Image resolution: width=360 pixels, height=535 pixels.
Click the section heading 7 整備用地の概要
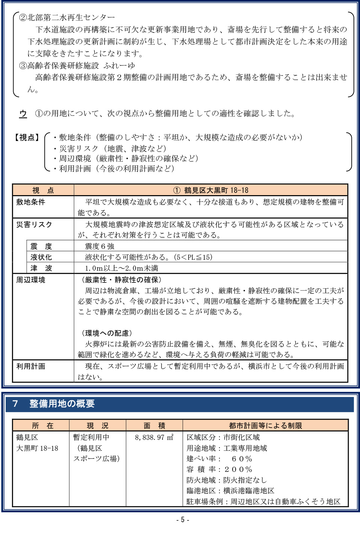click(x=53, y=404)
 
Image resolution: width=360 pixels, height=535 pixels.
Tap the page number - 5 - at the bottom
click(x=183, y=520)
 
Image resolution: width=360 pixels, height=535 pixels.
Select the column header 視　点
click(x=43, y=190)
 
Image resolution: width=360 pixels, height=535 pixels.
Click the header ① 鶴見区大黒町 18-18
click(x=211, y=190)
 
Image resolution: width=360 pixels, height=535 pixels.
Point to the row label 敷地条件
click(x=31, y=202)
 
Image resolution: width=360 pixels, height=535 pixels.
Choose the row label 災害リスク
click(x=34, y=224)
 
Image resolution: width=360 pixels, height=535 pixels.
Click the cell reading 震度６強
click(x=100, y=246)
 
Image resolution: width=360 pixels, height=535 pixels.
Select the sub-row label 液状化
click(x=41, y=257)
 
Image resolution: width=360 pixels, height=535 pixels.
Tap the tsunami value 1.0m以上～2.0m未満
click(x=121, y=268)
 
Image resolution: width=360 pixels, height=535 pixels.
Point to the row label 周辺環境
click(x=31, y=280)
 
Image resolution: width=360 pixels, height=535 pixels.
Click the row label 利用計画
click(x=31, y=366)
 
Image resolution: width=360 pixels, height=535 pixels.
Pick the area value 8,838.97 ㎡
click(x=154, y=437)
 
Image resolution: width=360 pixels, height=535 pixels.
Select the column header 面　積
click(x=154, y=426)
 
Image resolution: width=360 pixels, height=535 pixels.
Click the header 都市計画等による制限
click(x=265, y=426)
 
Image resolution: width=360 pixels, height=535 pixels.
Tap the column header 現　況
click(x=97, y=426)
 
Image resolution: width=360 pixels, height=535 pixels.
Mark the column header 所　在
click(x=42, y=426)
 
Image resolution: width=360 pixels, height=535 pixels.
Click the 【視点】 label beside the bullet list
click(x=27, y=138)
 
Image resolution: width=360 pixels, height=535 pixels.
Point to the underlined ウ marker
click(x=23, y=114)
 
